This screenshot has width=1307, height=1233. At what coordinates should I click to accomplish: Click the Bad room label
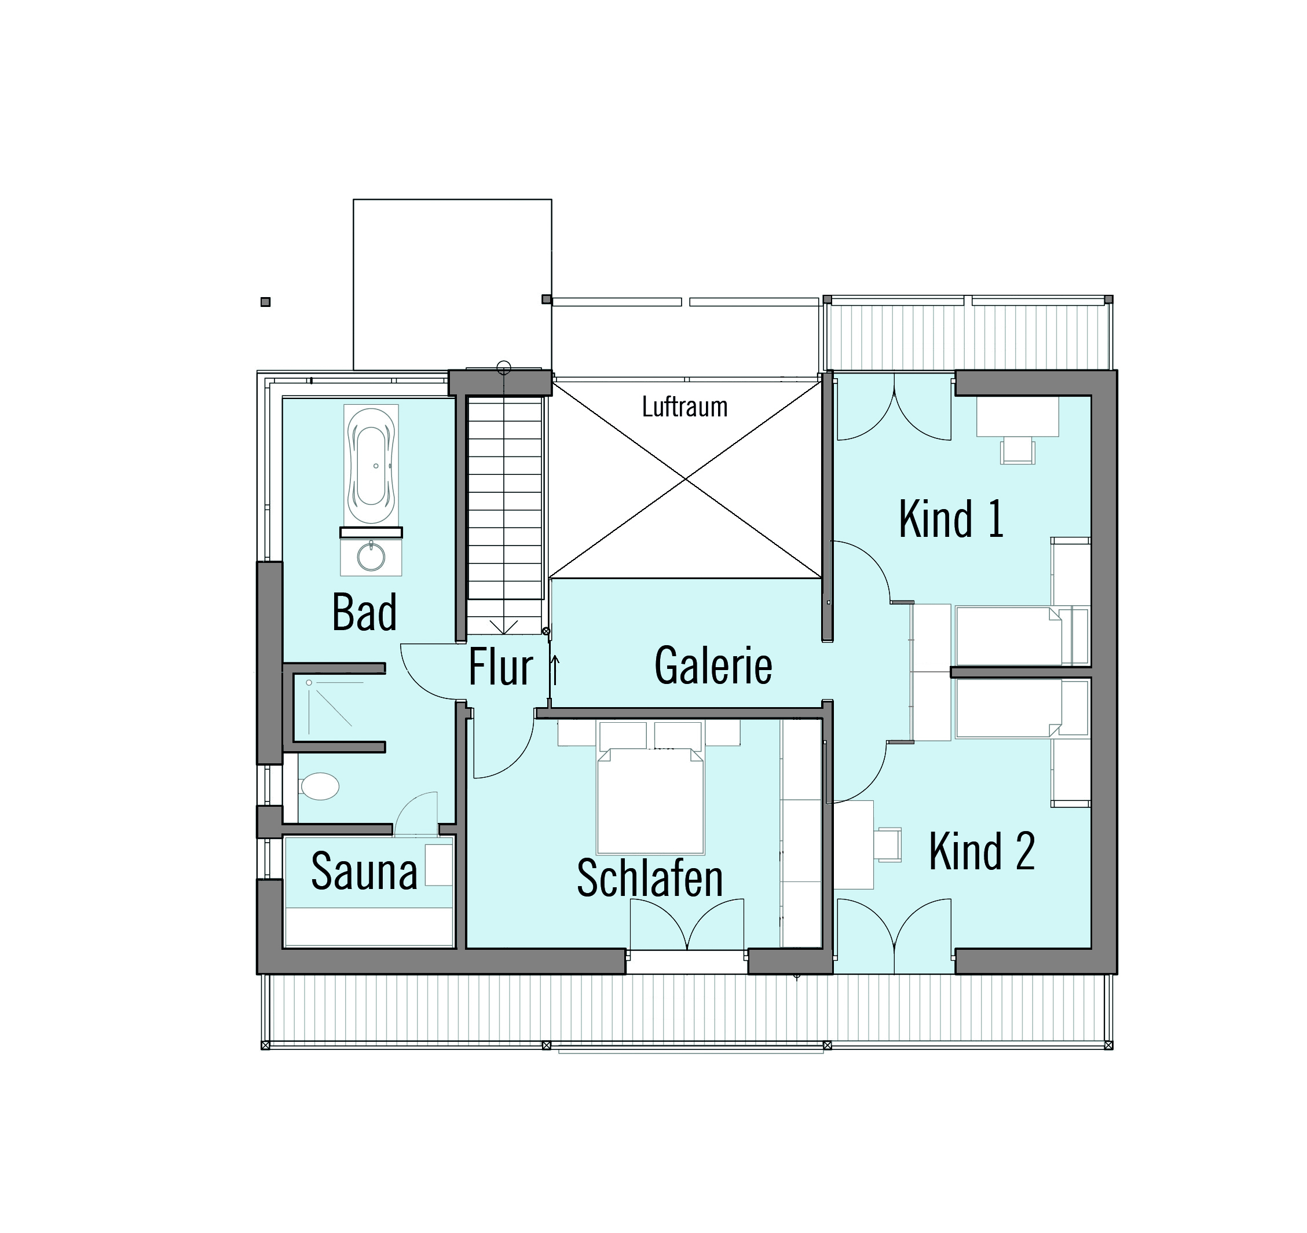pos(364,612)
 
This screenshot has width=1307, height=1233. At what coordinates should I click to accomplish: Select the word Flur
pos(500,667)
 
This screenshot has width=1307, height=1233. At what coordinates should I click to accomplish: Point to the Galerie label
pos(713,665)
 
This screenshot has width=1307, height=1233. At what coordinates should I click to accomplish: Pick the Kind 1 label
pos(951,519)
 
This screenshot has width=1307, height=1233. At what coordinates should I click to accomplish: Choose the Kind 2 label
pos(982,851)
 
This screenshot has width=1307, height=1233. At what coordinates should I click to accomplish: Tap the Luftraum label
pos(684,407)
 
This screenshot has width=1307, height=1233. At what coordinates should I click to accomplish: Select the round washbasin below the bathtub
pos(371,557)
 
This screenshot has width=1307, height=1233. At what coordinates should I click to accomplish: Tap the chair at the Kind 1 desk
pos(1017,452)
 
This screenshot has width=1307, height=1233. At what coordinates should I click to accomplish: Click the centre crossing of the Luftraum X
pos(686,479)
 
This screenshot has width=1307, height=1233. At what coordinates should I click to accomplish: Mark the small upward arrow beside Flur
pos(554,669)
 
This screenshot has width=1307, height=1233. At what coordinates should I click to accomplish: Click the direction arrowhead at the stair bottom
pos(504,627)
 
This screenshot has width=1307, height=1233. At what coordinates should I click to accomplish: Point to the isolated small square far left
pos(266,302)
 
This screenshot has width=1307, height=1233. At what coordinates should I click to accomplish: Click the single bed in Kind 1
pos(1021,636)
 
